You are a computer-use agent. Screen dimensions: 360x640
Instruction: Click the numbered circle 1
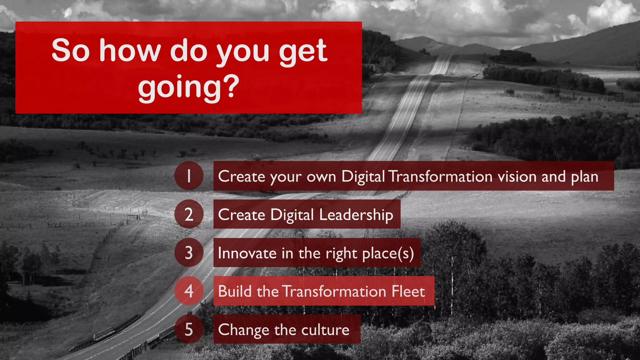point(189,176)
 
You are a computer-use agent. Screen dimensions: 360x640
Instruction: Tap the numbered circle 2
point(189,214)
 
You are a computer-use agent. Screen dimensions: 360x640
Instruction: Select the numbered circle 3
point(189,252)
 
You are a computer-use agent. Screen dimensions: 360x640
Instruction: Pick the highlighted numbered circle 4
point(189,291)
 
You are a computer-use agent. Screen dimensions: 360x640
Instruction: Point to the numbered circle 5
point(189,329)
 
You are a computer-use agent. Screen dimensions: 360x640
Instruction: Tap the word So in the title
point(71,51)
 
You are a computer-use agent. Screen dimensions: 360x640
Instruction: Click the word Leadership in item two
point(356,215)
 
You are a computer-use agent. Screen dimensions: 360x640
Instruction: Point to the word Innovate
point(247,253)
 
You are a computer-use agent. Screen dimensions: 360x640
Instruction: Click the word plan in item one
point(584,177)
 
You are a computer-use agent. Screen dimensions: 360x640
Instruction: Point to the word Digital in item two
point(292,215)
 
